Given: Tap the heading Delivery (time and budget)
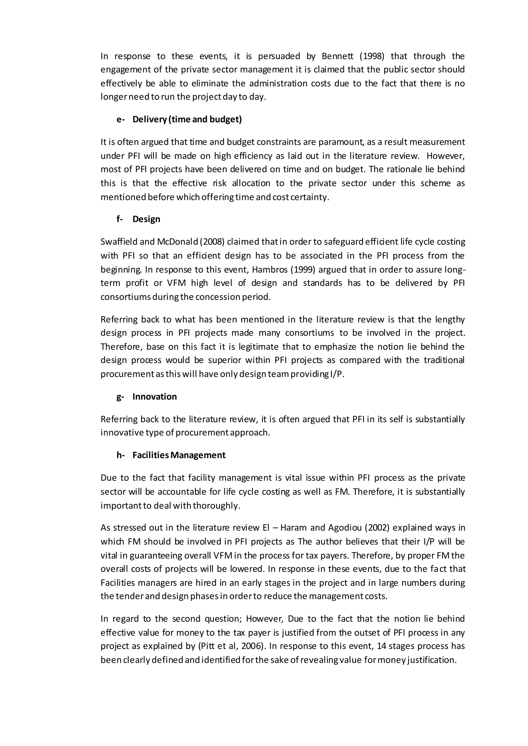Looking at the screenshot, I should (x=187, y=119).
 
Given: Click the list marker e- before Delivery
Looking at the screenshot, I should (x=121, y=119).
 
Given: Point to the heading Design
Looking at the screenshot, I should (x=146, y=219).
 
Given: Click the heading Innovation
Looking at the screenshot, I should (x=154, y=396).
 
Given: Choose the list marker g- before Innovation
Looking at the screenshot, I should (x=120, y=397).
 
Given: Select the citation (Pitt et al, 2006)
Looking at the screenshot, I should (x=230, y=646).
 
